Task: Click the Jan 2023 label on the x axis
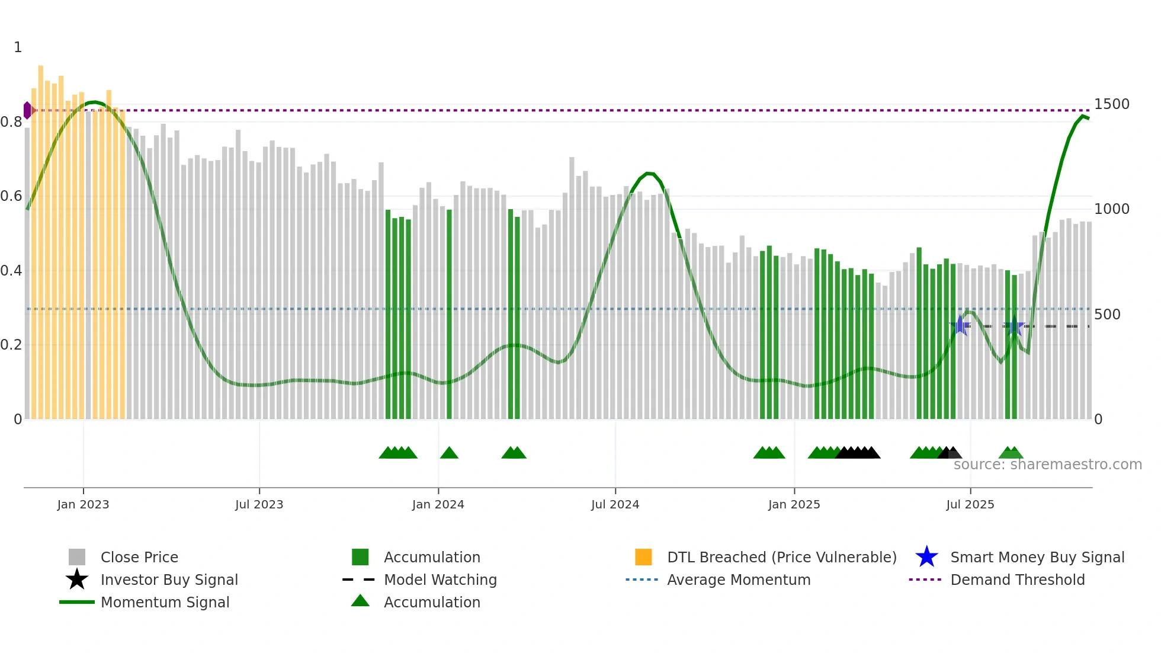click(83, 504)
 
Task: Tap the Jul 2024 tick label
click(615, 504)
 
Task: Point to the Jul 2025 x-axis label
click(970, 504)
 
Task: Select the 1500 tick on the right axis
click(1111, 104)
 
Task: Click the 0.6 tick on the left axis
click(11, 196)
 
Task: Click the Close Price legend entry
click(139, 557)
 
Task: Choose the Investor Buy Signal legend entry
click(169, 580)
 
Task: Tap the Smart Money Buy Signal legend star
click(926, 557)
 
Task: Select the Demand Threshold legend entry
click(1017, 580)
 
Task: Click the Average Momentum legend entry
click(738, 580)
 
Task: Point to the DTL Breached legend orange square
click(643, 557)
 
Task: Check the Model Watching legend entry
click(440, 580)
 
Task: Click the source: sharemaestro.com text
click(1047, 465)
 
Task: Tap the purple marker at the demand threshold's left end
click(27, 110)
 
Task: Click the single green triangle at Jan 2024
click(449, 453)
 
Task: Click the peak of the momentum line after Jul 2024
click(649, 173)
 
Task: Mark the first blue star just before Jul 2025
click(960, 326)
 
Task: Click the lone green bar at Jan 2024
click(449, 314)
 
